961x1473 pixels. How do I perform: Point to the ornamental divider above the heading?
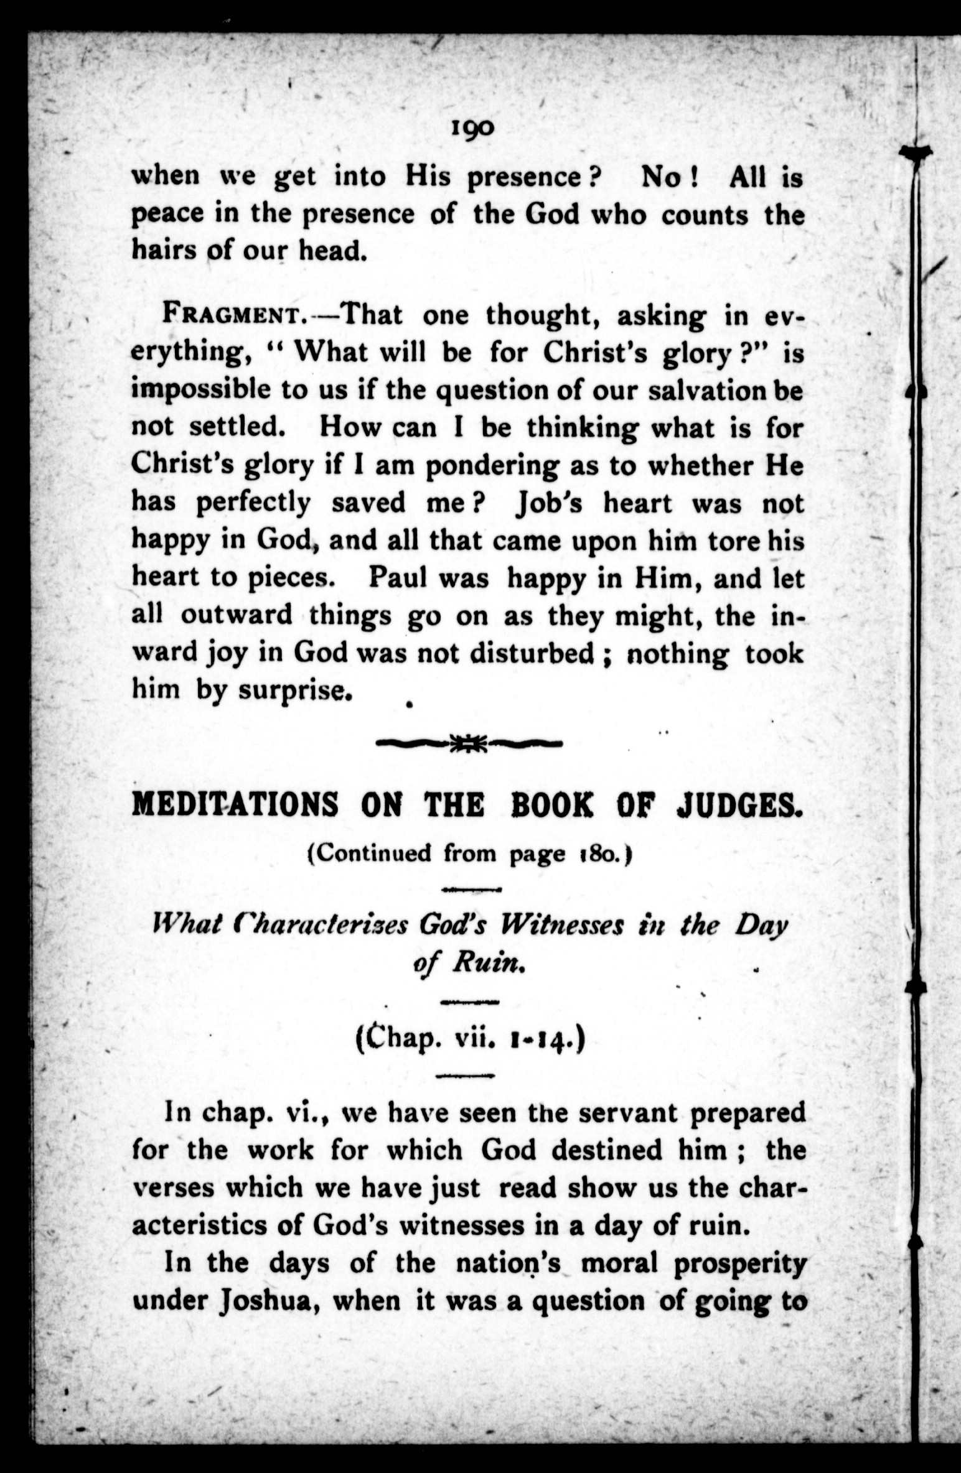pyautogui.click(x=471, y=742)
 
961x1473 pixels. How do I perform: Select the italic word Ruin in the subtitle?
pyautogui.click(x=485, y=963)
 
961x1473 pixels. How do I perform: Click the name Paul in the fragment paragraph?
pyautogui.click(x=397, y=579)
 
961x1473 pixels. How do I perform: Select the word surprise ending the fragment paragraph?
pyautogui.click(x=289, y=690)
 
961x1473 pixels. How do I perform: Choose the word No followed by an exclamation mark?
pyautogui.click(x=663, y=178)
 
